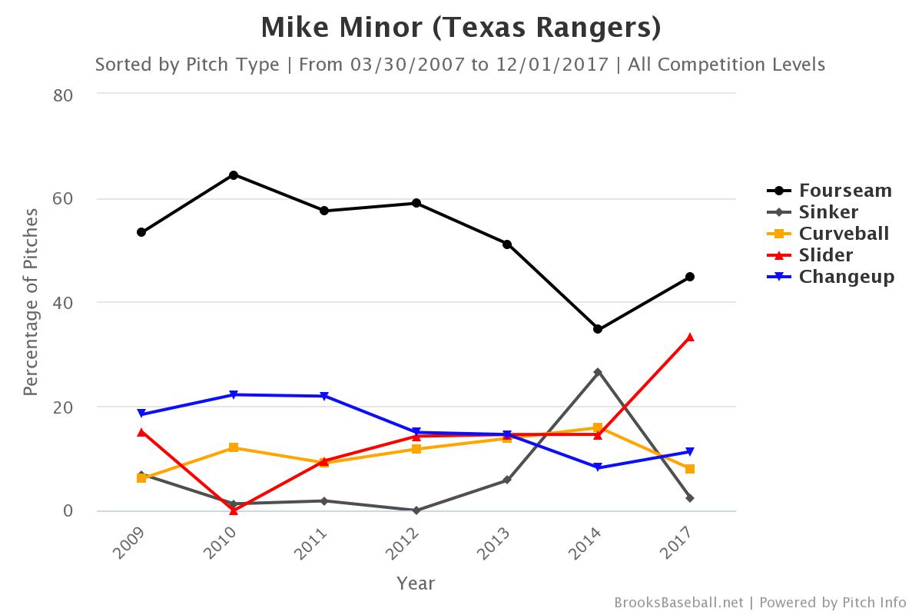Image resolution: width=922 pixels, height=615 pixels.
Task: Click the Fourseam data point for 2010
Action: (233, 175)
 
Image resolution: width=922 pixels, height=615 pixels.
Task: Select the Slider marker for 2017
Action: (689, 337)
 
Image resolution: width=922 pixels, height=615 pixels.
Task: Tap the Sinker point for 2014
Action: (598, 372)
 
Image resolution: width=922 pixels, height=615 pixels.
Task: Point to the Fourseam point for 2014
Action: (598, 329)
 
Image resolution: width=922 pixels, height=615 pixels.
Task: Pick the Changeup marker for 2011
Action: (324, 396)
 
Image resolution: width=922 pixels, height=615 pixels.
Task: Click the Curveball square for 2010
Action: (233, 447)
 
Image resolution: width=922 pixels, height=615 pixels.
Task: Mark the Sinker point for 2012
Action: (416, 510)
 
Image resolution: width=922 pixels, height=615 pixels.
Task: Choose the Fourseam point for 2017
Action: (689, 277)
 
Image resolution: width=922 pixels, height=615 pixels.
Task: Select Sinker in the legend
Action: (828, 211)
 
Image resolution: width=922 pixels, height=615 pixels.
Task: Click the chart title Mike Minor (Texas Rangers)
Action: (461, 28)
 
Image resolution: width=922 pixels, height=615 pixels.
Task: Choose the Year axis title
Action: (416, 583)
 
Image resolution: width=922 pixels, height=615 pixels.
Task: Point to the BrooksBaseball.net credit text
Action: (678, 603)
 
